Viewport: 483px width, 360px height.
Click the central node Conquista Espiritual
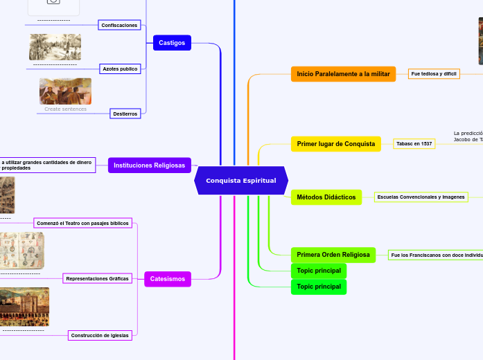pos(240,181)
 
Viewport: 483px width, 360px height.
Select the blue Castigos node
pos(172,43)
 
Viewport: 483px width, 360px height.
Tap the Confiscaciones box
pos(119,25)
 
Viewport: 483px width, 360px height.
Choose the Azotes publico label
pos(120,69)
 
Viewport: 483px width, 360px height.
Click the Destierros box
pos(125,114)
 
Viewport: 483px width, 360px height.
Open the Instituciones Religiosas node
pos(149,165)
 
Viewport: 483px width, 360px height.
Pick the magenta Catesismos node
pos(167,279)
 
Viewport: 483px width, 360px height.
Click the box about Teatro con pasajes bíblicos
pos(82,223)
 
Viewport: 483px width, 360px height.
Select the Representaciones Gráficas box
pos(97,278)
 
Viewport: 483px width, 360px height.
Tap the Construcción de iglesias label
pos(100,335)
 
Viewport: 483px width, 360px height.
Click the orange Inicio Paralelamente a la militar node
pos(343,73)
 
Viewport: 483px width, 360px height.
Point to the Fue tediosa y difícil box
pos(434,73)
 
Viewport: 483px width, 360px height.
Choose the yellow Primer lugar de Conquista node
pos(335,144)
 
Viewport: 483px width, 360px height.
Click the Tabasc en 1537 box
pos(414,144)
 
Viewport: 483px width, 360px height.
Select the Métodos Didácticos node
pos(326,197)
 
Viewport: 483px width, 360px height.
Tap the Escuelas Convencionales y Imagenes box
pos(421,197)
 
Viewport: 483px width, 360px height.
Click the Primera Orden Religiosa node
pos(333,255)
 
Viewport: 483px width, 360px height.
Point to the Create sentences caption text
pos(65,109)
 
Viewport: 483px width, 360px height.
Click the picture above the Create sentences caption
pos(65,91)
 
